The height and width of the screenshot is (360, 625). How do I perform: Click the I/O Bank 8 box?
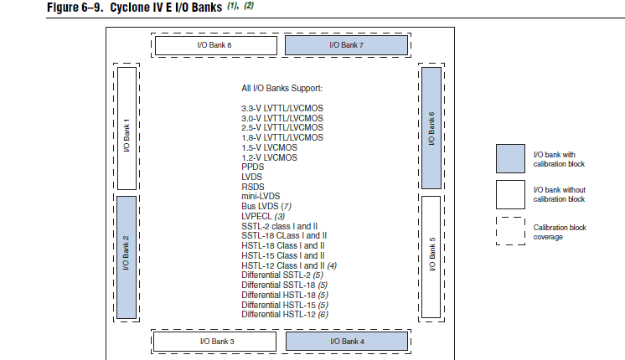[219, 44]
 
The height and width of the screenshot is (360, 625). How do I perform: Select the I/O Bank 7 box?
[345, 44]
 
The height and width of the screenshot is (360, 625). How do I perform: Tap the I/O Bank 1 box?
[127, 129]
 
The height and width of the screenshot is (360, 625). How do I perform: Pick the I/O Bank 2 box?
[127, 257]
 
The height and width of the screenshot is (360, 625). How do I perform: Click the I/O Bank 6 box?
[431, 129]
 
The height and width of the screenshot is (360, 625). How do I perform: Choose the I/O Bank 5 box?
[431, 257]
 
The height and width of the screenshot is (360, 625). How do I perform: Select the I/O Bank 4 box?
[345, 341]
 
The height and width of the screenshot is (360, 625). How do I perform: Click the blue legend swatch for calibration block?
[509, 159]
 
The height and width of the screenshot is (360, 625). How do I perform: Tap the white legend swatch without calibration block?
[509, 194]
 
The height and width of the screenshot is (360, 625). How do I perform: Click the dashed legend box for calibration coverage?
[509, 231]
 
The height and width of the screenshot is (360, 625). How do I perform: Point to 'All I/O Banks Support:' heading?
[282, 88]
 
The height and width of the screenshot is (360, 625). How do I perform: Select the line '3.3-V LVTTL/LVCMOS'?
[282, 109]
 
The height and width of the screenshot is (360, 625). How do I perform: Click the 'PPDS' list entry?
[252, 167]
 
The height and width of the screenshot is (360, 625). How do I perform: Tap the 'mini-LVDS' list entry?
[261, 196]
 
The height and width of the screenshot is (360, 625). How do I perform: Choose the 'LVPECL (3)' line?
[263, 216]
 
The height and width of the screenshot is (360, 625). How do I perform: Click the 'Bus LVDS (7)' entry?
[266, 206]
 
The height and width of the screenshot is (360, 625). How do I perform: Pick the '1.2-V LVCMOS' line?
[270, 157]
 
